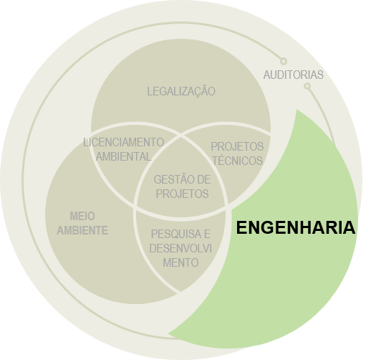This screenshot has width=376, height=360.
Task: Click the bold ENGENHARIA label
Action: coord(296,227)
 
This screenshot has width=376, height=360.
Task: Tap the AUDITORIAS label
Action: coord(293,75)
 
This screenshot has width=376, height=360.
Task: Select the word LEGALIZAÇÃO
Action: coord(181,91)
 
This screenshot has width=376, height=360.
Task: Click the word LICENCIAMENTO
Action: coord(123,143)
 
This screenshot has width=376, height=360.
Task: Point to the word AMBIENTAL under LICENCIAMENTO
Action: coord(123,156)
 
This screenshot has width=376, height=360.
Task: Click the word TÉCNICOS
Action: coord(237,161)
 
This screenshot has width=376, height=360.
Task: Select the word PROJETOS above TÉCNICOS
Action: coord(237,146)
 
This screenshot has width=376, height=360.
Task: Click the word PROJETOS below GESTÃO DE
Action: coord(182,194)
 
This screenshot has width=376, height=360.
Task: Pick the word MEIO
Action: coord(82,216)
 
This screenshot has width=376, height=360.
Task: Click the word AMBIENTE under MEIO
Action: coord(82,230)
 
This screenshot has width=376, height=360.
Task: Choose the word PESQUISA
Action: coord(176,235)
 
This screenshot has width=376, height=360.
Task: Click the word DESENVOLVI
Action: coord(180,248)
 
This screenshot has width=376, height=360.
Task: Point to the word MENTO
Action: coord(180,262)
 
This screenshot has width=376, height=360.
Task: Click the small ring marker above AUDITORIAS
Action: coord(284,61)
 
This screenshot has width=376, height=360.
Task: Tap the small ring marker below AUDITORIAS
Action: coord(307,86)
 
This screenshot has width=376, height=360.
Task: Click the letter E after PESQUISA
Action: coord(207,235)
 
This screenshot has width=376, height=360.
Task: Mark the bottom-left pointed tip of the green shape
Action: coord(168,333)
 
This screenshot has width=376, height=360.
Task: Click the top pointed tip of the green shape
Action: coord(297,110)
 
